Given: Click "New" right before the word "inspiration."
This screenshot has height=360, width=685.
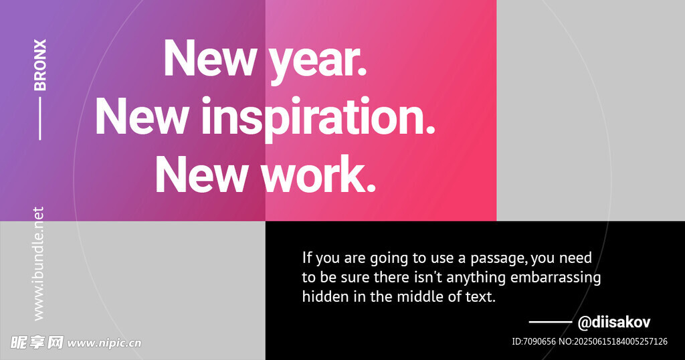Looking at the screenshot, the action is pos(142,116).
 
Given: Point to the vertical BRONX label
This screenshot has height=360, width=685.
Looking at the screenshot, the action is pos(40,65).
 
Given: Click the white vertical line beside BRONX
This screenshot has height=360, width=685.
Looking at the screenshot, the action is pos(40,118).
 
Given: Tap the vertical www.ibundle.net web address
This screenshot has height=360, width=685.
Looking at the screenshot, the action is pos(39,264).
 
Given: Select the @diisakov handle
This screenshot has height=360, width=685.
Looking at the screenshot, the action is pos(614,323).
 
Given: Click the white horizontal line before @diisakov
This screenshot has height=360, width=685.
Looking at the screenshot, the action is pos(551,323).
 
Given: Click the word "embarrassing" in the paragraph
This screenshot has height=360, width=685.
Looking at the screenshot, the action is pos(555,278).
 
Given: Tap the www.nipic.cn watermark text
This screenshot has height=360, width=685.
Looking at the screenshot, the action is pos(104,343).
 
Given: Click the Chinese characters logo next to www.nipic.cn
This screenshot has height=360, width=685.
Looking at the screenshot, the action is pos(37,343).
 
